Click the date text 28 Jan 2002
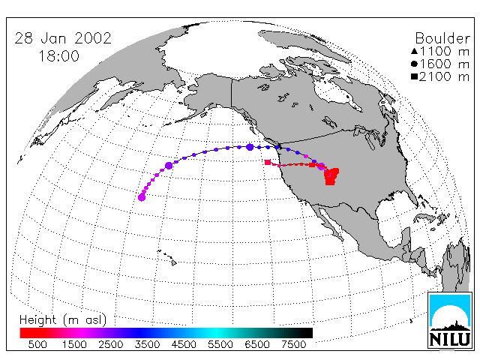click(63, 38)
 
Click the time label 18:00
click(59, 56)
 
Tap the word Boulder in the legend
click(442, 38)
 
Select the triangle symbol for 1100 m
click(415, 51)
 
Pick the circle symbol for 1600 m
click(415, 64)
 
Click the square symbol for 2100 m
click(415, 76)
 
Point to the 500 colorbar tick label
click(37, 345)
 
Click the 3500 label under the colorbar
click(147, 345)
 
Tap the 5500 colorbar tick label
click(220, 345)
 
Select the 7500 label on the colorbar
click(293, 345)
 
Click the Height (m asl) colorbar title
click(63, 320)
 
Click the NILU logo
click(450, 320)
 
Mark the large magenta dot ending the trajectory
click(142, 197)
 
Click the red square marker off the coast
click(268, 162)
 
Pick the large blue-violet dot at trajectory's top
click(250, 147)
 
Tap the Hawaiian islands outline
click(167, 257)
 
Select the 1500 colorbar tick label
click(74, 345)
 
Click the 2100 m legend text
click(444, 76)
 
